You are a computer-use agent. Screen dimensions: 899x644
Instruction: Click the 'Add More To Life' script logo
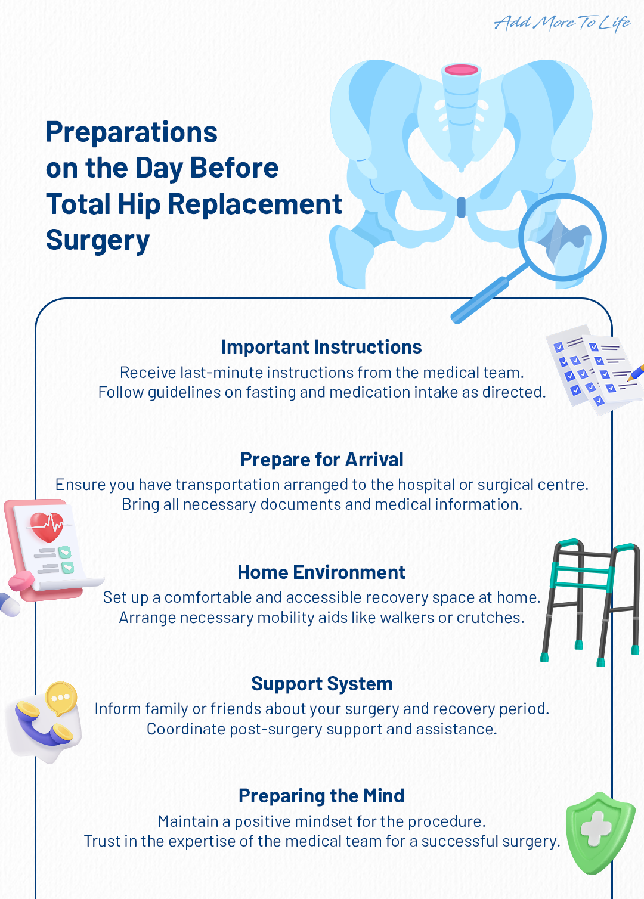point(562,23)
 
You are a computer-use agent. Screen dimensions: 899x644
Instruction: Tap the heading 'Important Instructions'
point(321,347)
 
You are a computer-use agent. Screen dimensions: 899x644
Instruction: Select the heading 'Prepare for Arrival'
point(321,460)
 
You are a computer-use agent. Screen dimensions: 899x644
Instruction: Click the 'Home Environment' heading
point(321,572)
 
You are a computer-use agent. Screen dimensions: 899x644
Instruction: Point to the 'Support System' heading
point(321,684)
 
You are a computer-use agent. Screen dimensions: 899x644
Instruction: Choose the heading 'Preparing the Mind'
point(321,796)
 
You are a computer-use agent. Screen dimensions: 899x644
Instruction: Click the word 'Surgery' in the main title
point(98,240)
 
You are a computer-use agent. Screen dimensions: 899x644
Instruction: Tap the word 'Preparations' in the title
point(132,132)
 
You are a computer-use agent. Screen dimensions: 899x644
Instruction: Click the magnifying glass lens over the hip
point(562,237)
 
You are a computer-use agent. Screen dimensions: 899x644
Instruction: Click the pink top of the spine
point(462,70)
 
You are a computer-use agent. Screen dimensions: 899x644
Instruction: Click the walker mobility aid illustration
point(590,602)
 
